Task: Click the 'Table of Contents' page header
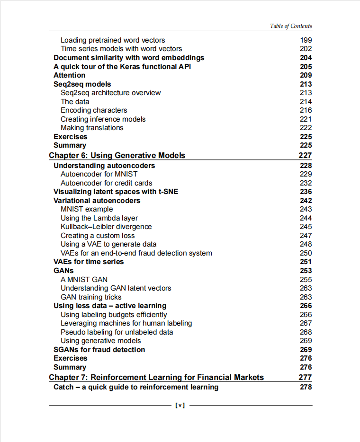click(291, 26)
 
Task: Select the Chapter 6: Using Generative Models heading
click(117, 155)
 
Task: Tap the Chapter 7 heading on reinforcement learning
click(156, 377)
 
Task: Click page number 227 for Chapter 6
click(305, 155)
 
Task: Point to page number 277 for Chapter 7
click(305, 377)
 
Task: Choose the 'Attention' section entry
click(70, 75)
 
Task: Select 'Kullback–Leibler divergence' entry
click(106, 227)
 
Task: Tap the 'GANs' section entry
click(63, 271)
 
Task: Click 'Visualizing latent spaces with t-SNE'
click(116, 192)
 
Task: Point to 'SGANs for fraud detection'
click(99, 350)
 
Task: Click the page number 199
click(306, 40)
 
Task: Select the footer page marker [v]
click(180, 406)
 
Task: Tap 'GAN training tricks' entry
click(91, 297)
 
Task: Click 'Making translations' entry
click(92, 128)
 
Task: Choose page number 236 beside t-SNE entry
click(306, 192)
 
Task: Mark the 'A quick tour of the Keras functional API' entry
click(122, 67)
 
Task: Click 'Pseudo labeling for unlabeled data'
click(117, 332)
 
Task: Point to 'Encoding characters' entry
click(94, 110)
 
